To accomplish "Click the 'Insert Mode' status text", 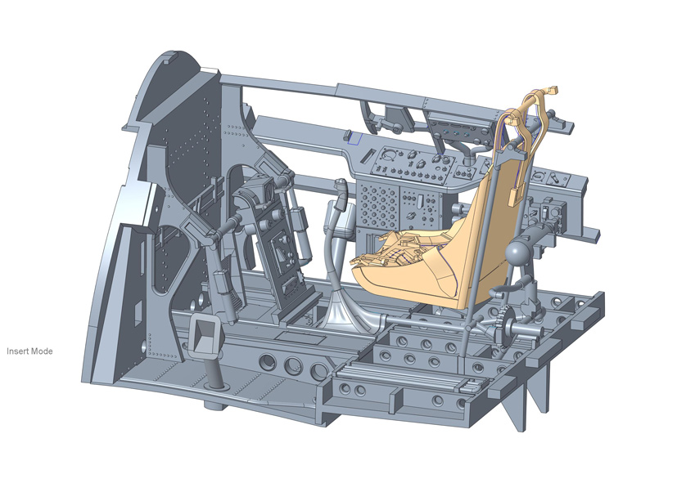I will pyautogui.click(x=29, y=351).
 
